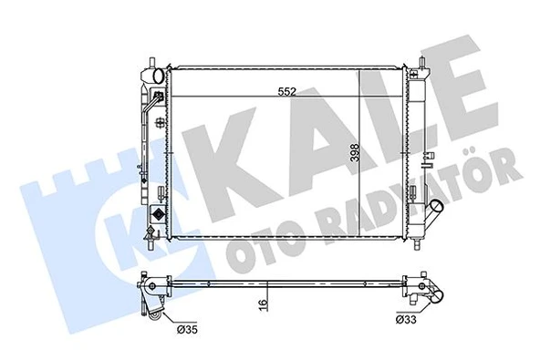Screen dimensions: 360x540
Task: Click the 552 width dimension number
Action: point(289,91)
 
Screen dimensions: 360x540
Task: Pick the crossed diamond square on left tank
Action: point(160,218)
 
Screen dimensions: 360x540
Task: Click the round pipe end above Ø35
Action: point(160,314)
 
